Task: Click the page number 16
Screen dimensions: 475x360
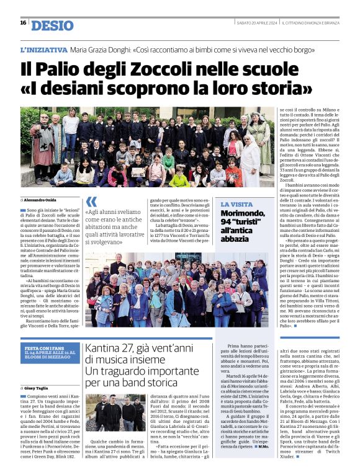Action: coord(23,23)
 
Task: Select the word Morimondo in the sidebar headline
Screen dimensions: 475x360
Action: coord(243,215)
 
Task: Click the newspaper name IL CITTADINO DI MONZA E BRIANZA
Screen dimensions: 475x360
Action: coord(310,23)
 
